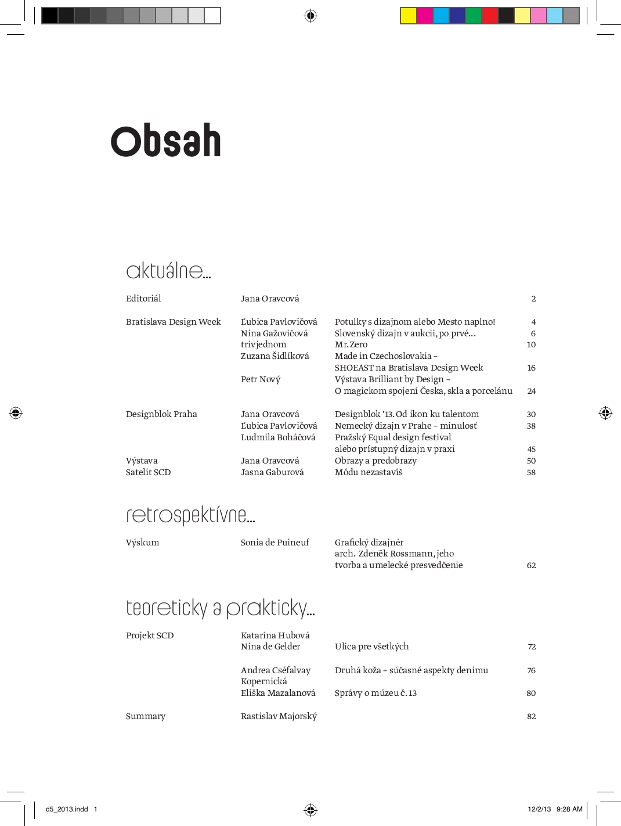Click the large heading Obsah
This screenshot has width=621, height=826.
[166, 141]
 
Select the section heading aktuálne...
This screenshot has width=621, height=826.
[168, 271]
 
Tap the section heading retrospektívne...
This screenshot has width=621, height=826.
[190, 515]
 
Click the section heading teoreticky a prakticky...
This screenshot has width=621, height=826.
[220, 608]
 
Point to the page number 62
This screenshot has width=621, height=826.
[531, 565]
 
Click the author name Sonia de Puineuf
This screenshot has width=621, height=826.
[275, 543]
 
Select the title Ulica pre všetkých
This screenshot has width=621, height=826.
[371, 647]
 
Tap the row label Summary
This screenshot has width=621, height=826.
[146, 716]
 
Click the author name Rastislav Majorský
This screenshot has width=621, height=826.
[279, 716]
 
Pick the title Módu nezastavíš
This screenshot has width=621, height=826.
[369, 472]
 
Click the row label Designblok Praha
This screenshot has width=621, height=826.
[161, 414]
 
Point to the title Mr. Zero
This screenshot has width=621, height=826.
[351, 344]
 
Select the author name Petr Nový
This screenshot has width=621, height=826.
[261, 379]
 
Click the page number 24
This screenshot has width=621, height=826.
[531, 391]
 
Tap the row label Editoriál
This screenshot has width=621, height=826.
[143, 299]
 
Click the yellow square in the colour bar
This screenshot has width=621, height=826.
[409, 16]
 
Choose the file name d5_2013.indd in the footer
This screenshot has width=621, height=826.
[67, 809]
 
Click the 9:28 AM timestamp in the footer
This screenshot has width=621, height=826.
[569, 809]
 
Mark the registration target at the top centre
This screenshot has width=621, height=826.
[310, 16]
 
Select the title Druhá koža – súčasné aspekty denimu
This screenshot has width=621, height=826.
[411, 670]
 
